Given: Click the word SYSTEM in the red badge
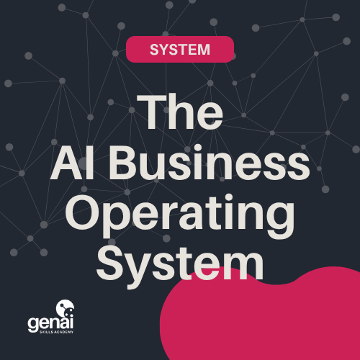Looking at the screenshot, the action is coord(180,50).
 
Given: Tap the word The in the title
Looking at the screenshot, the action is coord(180,112).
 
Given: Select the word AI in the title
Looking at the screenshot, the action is coord(72,163).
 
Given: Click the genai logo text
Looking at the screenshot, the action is coord(50,323).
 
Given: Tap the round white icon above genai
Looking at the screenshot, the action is coord(65,308).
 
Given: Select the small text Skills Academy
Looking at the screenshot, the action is coord(56,332).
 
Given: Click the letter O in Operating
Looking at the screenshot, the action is coord(82,212).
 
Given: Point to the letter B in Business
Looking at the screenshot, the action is coord(123,163).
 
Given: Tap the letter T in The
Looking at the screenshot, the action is coord(152,112).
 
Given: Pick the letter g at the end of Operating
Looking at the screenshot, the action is coord(280,220).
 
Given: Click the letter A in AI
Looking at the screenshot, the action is coord(67,163).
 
